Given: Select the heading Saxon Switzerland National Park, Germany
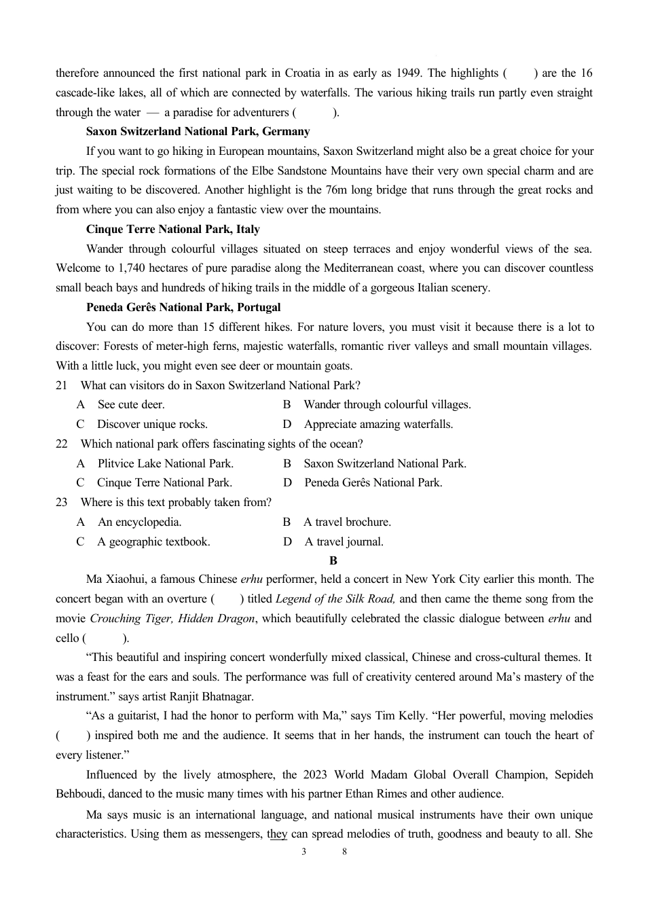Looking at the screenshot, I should (x=198, y=131).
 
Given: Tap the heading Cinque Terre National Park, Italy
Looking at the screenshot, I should (x=172, y=229).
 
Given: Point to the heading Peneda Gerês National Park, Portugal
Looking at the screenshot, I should (x=183, y=307).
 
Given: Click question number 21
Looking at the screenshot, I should (x=62, y=385).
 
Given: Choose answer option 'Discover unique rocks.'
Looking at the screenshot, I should (x=152, y=424).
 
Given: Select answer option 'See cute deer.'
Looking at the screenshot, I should (x=131, y=404).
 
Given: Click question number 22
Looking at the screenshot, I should (x=62, y=444).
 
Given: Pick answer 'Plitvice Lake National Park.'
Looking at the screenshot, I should (x=165, y=463).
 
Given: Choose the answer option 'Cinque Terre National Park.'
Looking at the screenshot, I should (x=164, y=482).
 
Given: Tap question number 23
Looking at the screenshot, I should (x=62, y=502).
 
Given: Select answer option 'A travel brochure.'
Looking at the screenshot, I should (x=347, y=522).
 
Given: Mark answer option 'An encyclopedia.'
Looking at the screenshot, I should (x=139, y=522).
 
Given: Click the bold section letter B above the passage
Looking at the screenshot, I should (x=333, y=560).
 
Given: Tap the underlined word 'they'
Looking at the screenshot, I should (x=277, y=834).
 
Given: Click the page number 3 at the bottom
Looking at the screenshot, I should (x=303, y=852).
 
